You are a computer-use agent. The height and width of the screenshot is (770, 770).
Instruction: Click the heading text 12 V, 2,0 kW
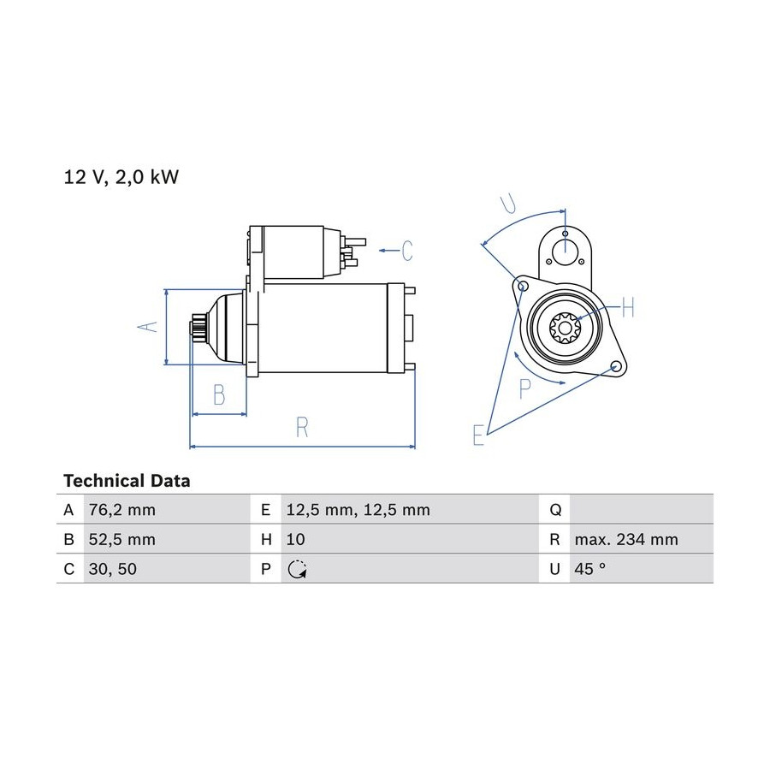coord(121,177)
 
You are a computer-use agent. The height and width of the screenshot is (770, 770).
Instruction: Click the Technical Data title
coord(127,481)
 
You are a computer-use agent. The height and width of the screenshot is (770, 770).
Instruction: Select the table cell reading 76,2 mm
coord(121,510)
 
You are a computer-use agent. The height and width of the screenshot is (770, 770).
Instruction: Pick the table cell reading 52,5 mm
coord(121,540)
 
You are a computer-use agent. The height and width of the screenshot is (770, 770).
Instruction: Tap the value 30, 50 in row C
coord(112,569)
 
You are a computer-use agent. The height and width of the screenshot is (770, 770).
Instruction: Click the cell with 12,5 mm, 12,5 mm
coord(358,510)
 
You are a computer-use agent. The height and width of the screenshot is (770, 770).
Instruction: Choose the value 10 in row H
coord(296,540)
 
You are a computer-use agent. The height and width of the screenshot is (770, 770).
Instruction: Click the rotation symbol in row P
coord(297,570)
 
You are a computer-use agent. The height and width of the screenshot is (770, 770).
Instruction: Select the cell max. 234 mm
coord(626,540)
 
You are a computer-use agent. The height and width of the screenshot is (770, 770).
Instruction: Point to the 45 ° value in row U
coord(589,569)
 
